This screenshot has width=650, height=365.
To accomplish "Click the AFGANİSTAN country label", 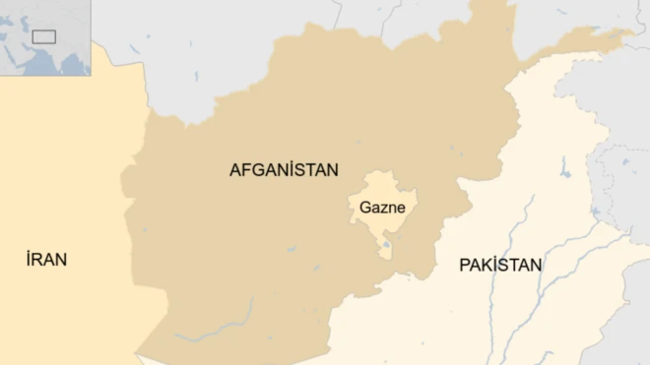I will coord(284,169).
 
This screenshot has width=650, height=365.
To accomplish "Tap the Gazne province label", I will coord(382,208).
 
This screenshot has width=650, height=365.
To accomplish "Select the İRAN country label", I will coord(46,260).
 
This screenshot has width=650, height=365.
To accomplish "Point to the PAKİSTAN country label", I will coord(500,265).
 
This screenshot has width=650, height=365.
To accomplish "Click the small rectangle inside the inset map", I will coord(43,36).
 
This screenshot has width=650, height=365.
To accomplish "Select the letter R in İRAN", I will coord(38,260).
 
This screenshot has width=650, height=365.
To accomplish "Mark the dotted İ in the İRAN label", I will coord(29,259).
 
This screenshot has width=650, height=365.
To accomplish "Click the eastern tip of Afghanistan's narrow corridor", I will coord(631,32).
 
